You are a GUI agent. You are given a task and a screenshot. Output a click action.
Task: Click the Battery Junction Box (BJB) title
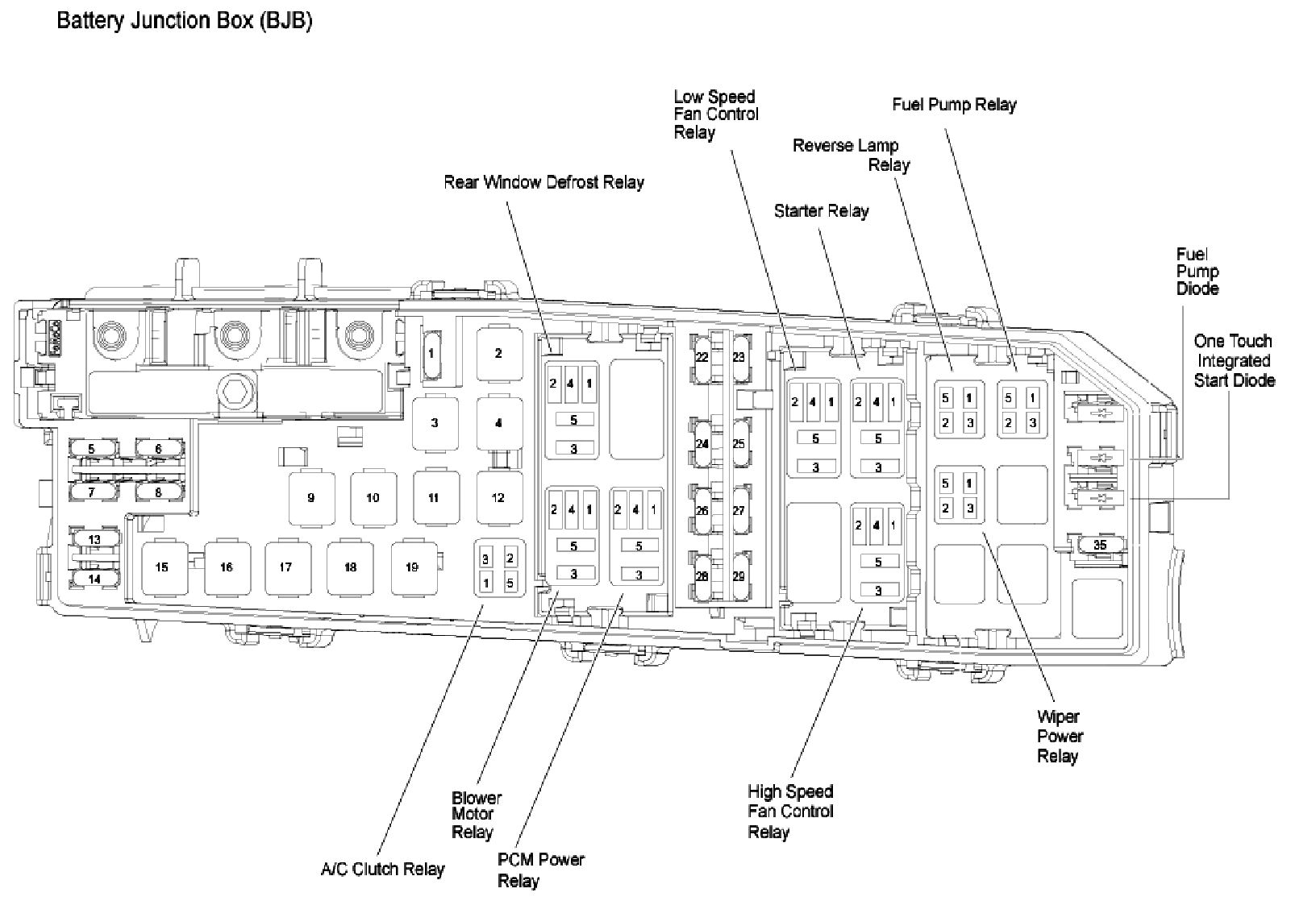click(184, 20)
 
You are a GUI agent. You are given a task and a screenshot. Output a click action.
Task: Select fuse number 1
click(431, 353)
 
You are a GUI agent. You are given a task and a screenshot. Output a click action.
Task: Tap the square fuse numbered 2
click(498, 353)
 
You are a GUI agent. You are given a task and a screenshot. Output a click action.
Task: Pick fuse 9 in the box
click(310, 498)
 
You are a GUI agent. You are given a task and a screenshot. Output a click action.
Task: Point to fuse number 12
click(498, 498)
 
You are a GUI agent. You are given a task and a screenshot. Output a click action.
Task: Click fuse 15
click(162, 567)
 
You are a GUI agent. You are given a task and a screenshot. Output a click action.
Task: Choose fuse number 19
click(412, 567)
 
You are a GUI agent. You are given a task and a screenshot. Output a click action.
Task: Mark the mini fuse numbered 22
click(702, 356)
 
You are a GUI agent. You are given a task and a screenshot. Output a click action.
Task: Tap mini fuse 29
click(738, 576)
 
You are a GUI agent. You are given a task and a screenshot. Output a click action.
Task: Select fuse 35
click(1100, 545)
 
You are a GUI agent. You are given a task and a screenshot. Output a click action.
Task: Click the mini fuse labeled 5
click(92, 449)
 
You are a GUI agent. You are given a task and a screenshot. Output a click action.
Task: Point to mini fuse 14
click(94, 579)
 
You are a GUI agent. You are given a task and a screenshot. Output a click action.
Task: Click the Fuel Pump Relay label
click(954, 105)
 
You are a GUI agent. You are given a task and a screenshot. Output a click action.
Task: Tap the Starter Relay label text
click(821, 211)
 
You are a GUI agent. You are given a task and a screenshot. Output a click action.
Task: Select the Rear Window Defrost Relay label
click(543, 182)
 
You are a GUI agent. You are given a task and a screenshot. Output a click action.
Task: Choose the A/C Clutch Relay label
click(382, 869)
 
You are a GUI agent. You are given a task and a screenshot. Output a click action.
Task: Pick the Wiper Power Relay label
click(1059, 736)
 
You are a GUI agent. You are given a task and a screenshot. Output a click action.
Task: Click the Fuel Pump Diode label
click(1197, 272)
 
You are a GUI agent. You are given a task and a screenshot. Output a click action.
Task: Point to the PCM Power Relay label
click(540, 869)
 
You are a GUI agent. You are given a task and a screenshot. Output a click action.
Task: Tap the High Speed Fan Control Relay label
click(790, 812)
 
